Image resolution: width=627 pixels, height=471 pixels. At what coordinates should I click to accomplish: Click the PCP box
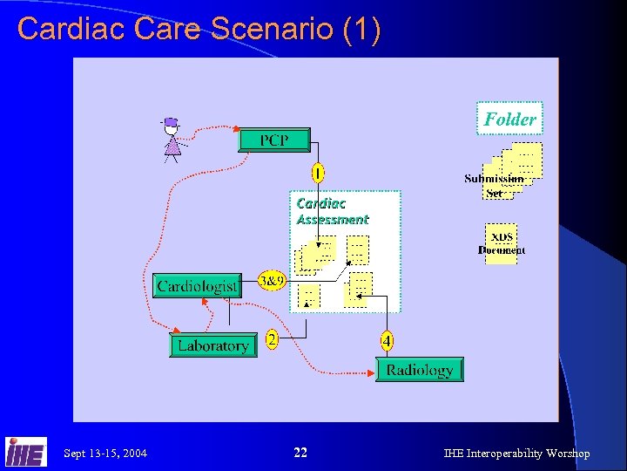click(x=273, y=140)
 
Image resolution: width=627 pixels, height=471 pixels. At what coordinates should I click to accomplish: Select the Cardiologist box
click(x=197, y=286)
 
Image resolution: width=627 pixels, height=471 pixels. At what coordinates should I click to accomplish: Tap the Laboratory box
click(x=212, y=346)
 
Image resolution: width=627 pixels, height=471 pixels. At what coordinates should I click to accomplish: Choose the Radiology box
click(x=419, y=370)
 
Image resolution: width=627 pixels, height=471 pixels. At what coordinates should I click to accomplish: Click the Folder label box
click(x=509, y=119)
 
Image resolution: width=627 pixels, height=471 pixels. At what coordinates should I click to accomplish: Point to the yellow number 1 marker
click(x=319, y=174)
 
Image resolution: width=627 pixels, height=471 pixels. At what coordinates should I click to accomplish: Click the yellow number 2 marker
click(x=272, y=340)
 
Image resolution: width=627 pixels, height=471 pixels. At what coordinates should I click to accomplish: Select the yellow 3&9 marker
click(x=272, y=281)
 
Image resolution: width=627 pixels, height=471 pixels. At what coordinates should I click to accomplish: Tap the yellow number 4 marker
click(x=386, y=340)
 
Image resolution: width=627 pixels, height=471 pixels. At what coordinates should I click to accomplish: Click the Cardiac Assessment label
click(x=332, y=211)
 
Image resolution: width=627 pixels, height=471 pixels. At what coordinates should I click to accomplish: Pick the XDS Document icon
click(x=502, y=242)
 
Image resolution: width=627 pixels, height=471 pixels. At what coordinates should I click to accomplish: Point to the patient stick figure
click(x=172, y=141)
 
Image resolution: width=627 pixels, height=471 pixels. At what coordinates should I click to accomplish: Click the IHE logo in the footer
click(x=25, y=451)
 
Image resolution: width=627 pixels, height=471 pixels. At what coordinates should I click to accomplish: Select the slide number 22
click(x=300, y=453)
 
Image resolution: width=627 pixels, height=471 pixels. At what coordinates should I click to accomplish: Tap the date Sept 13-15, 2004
click(x=105, y=454)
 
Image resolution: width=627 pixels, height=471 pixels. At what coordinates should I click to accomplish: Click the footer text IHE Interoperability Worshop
click(x=516, y=454)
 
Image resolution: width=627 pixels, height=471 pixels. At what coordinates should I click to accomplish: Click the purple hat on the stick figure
click(x=171, y=121)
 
